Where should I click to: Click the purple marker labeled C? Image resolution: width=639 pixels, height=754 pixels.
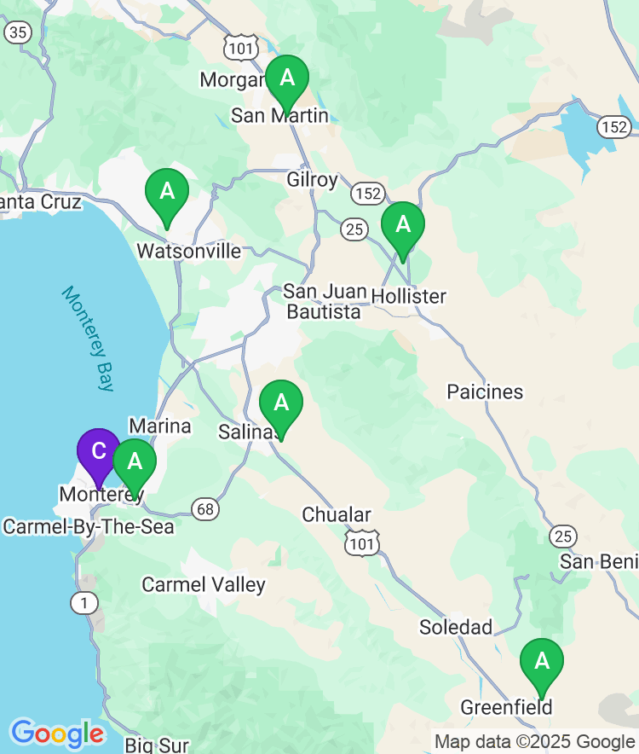98,452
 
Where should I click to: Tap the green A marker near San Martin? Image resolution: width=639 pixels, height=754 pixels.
287,78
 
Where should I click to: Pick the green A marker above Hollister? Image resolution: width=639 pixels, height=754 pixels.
402,225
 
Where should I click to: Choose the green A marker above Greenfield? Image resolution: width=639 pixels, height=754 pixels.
541,662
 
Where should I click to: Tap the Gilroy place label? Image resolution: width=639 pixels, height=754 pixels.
312,180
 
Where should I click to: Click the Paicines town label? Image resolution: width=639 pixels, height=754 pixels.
485,391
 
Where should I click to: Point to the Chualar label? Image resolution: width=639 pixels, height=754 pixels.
337,514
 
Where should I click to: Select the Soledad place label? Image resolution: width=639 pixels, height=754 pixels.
456,627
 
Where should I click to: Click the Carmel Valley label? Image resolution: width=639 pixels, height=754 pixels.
204,584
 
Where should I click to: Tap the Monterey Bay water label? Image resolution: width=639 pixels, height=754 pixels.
88,339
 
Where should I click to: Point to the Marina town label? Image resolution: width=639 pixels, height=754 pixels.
159,425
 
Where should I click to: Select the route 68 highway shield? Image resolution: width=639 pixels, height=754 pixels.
205,509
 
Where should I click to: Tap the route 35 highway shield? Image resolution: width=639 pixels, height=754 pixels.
18,32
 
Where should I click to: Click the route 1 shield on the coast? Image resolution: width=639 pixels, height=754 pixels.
84,602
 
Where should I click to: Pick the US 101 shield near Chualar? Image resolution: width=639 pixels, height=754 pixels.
362,542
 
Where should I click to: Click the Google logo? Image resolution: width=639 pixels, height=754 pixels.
57,734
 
